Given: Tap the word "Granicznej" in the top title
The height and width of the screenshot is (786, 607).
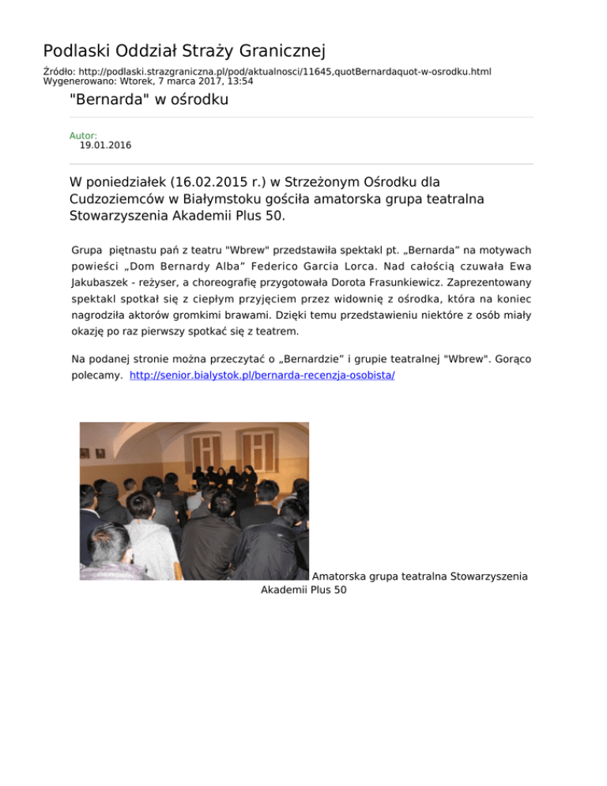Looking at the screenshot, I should pyautogui.click(x=278, y=52).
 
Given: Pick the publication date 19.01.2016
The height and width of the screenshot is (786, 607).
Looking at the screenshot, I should pyautogui.click(x=105, y=145).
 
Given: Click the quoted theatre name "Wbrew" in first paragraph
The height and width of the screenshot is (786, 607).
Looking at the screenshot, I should pyautogui.click(x=242, y=250).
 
